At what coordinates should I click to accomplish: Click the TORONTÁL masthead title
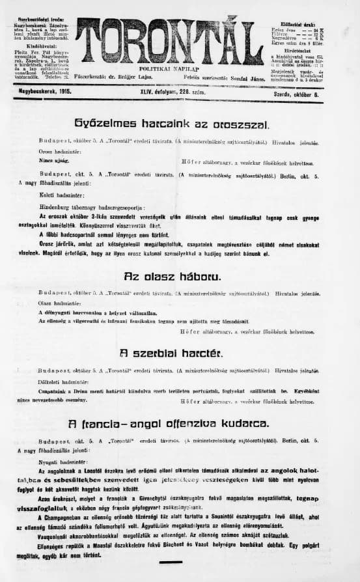[x=170, y=40]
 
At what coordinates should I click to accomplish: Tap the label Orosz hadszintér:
[x=62, y=151]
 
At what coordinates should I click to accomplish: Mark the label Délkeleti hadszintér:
[x=66, y=381]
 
